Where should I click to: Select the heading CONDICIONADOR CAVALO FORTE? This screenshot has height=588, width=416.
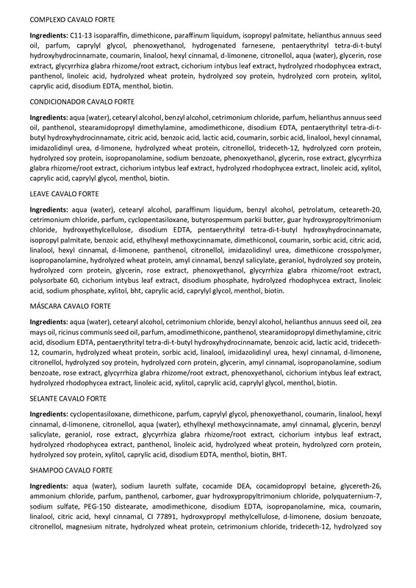pyautogui.click(x=82, y=101)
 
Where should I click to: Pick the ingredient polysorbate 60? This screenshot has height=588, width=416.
pyautogui.click(x=59, y=281)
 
